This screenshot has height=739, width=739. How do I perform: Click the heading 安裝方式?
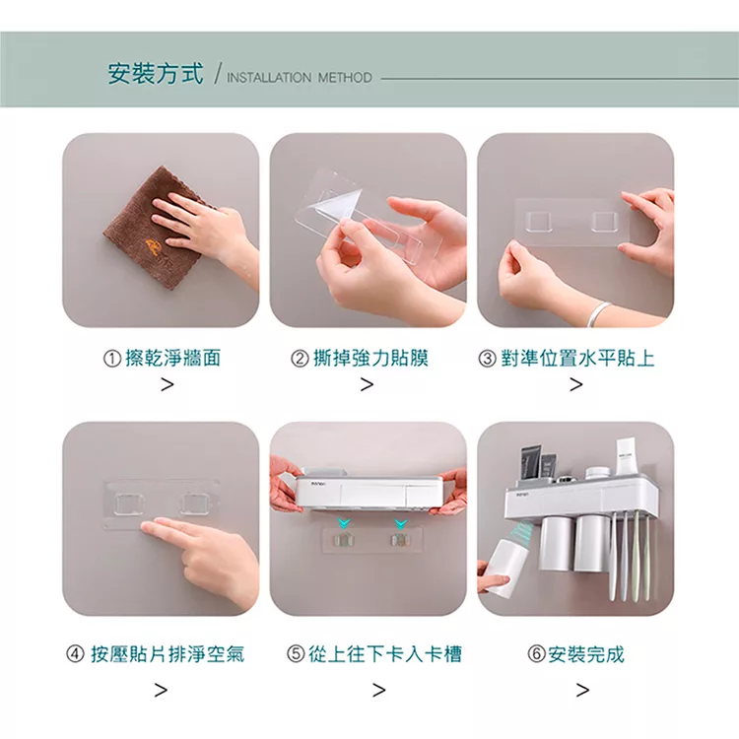156,74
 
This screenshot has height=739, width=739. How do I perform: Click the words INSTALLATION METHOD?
300,77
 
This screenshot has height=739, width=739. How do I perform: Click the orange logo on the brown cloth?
154,247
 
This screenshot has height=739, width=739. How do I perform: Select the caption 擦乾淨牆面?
173,359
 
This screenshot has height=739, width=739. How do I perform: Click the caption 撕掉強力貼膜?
370,359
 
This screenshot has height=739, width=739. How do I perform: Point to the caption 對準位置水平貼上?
577,359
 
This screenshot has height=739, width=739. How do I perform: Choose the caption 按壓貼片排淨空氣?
168,654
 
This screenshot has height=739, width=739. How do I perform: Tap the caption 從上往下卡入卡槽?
385,654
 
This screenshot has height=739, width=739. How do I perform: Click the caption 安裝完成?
586,654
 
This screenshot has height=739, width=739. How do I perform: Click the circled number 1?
111,359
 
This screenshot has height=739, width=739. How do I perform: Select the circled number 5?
296,654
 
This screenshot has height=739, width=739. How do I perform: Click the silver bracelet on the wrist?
598,312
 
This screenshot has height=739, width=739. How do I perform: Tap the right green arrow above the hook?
401,523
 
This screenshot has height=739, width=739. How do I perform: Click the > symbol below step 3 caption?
576,384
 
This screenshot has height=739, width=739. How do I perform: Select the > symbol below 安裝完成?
582,690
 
